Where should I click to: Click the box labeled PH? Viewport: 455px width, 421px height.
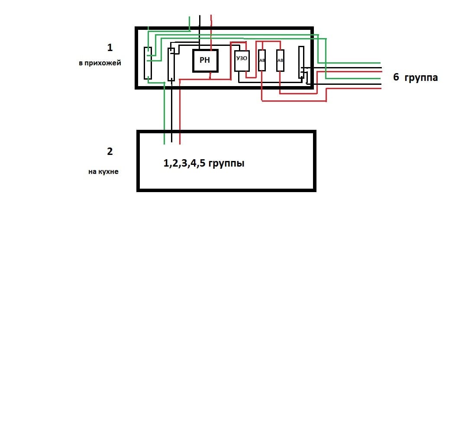tap(205, 61)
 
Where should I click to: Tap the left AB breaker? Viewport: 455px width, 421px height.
tap(262, 61)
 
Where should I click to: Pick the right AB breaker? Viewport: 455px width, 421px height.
tap(280, 61)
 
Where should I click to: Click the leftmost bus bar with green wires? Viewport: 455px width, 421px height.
tap(148, 63)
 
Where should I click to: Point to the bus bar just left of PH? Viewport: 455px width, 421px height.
tap(171, 64)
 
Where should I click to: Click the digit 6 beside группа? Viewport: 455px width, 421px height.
tap(396, 78)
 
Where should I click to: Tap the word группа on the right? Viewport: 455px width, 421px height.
tap(421, 78)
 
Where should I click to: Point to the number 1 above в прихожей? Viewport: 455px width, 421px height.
tap(110, 47)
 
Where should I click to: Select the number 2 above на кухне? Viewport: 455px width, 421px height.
tap(110, 151)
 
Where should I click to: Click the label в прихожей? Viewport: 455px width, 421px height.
tap(100, 63)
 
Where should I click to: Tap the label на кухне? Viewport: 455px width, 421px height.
tap(103, 171)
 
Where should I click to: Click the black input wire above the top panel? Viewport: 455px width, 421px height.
tap(200, 22)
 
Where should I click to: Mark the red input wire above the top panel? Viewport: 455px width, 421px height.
tap(211, 22)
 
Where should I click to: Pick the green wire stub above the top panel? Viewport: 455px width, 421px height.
tap(190, 22)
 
